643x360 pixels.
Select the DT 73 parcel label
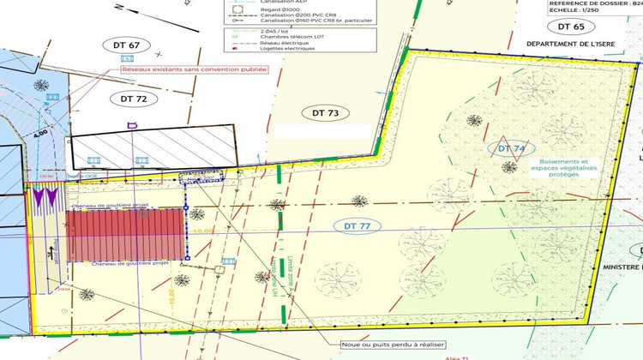(325, 113)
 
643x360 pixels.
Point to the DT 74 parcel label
(506, 148)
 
